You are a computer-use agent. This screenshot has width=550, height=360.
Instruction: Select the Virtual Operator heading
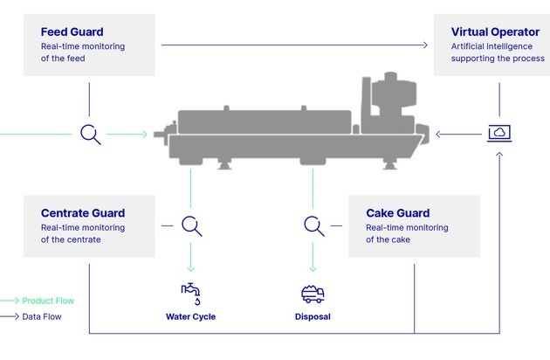pos(495,32)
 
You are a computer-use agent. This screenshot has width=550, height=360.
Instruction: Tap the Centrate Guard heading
pos(83,213)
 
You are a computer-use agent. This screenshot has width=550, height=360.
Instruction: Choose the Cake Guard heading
pos(397,213)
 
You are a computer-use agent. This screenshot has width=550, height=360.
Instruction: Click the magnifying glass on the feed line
pos(90,134)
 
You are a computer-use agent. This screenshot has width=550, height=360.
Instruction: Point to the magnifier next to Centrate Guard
pos(192,225)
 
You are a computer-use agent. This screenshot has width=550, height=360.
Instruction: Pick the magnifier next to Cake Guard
pos(313,225)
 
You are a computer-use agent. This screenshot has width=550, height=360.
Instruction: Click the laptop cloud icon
pos(499,134)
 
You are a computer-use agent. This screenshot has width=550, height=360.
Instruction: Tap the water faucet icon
pos(190,293)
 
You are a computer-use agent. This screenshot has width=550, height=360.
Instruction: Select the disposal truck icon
pos(312,294)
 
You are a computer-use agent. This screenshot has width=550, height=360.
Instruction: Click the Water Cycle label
pos(190,316)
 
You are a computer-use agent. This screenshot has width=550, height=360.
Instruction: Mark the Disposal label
pos(313,316)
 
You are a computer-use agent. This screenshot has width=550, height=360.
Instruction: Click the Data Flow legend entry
pos(42,316)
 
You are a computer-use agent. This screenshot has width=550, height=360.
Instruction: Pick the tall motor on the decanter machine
pos(383,96)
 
